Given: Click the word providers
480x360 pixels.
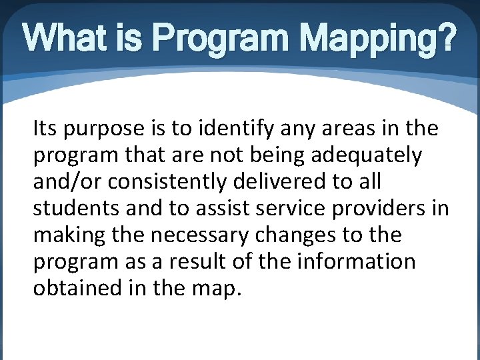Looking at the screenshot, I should click(x=386, y=209).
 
